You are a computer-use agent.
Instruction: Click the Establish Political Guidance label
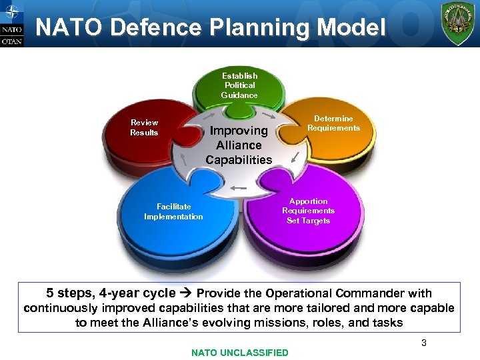pyautogui.click(x=240, y=85)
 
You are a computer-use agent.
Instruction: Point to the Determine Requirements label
pyautogui.click(x=333, y=123)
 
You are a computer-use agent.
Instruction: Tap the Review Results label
pyautogui.click(x=144, y=127)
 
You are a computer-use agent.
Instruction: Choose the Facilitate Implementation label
pyautogui.click(x=173, y=211)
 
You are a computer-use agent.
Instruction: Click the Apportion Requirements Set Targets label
pyautogui.click(x=308, y=211)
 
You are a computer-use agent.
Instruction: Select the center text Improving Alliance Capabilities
pyautogui.click(x=239, y=145)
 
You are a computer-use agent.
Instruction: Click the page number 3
pyautogui.click(x=423, y=343)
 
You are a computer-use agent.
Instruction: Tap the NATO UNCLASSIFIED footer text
pyautogui.click(x=240, y=353)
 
